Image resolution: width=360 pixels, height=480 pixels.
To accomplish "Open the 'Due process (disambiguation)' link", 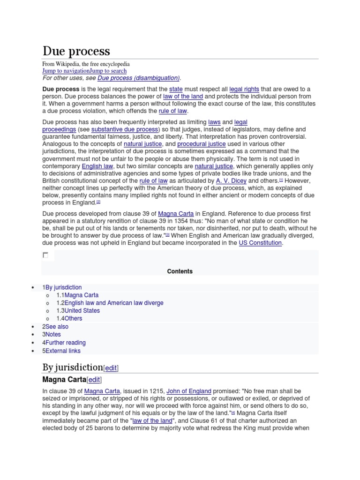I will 138,78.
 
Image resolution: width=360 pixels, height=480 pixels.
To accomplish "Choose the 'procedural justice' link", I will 201,144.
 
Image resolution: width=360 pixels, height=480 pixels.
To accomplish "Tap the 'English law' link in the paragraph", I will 97,166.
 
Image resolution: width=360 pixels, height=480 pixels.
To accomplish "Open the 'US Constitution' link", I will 260,243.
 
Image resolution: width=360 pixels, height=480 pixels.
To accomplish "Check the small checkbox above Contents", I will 45,255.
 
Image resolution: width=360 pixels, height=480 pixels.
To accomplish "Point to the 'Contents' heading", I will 180,271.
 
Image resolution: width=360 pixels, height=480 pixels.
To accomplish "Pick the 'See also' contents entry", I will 57,327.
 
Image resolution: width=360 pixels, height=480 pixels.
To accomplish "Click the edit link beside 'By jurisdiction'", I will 111,368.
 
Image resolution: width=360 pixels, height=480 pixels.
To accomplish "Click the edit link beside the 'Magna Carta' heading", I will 94,380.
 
